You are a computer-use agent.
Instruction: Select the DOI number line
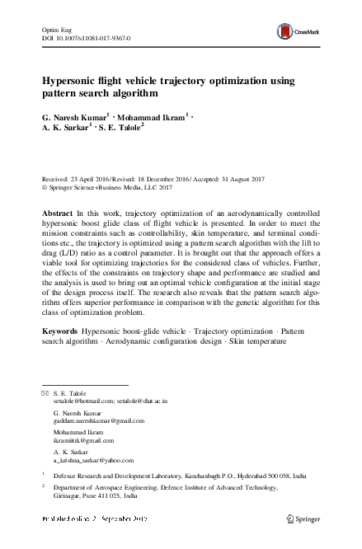86,38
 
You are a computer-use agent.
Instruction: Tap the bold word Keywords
60,331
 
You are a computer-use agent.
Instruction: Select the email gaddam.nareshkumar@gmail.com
98,420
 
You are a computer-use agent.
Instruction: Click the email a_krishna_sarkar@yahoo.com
93,461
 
